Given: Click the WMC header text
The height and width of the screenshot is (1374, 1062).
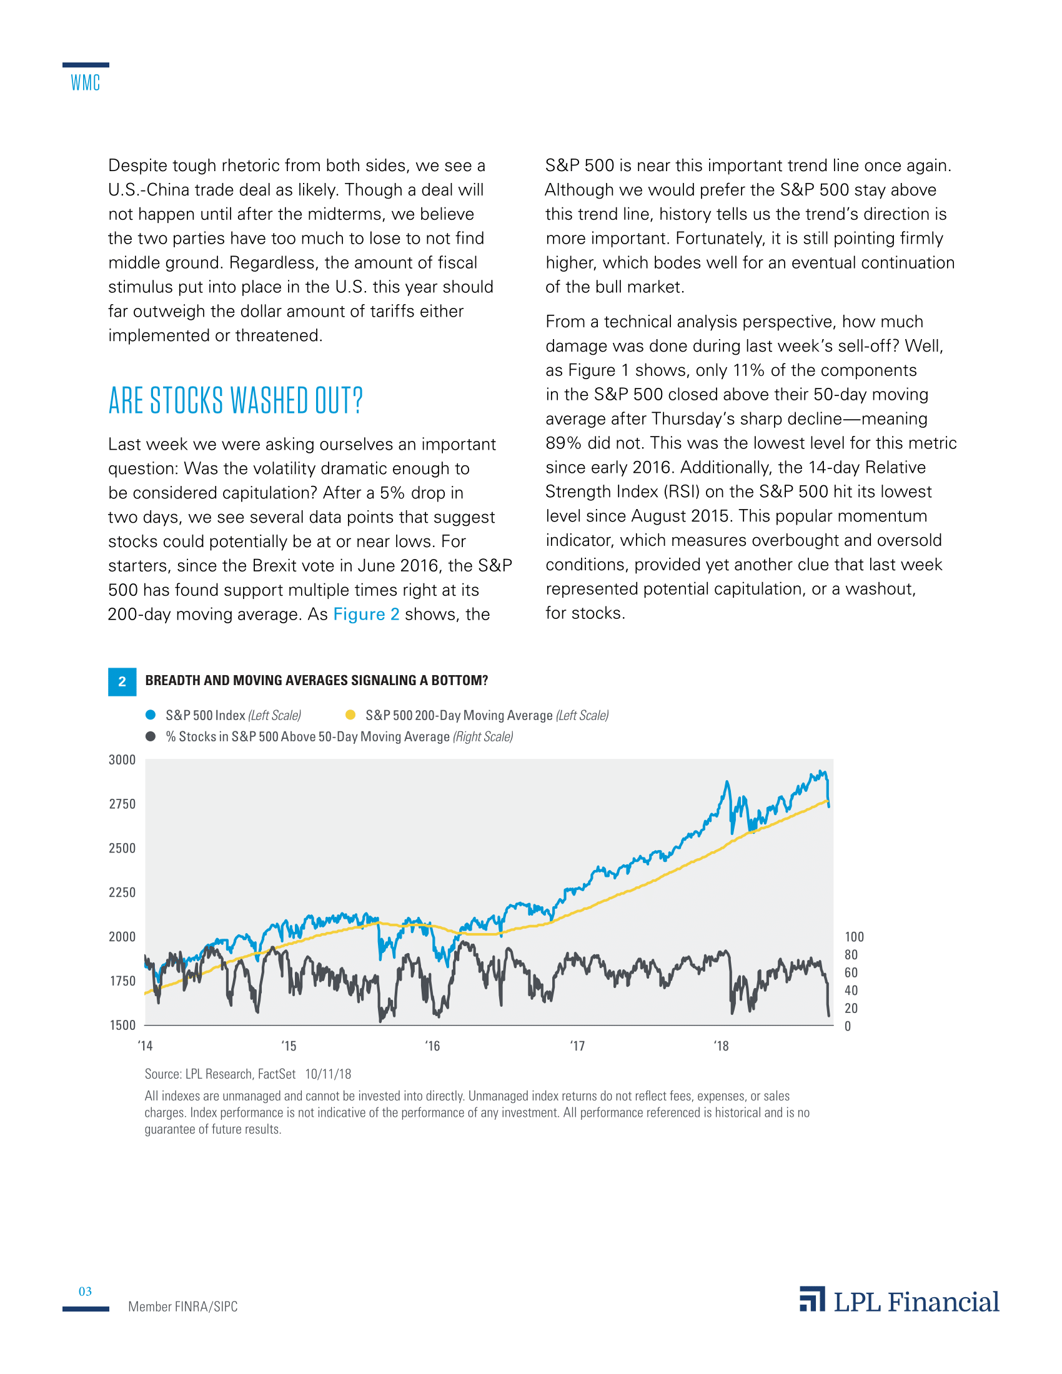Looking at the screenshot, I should click(86, 82).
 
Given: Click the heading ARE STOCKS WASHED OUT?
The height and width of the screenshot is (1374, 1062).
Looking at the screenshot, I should click(236, 401).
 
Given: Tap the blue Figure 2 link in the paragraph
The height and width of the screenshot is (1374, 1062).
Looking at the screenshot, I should click(366, 614).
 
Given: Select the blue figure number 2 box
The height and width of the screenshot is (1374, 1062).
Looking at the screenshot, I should click(122, 681).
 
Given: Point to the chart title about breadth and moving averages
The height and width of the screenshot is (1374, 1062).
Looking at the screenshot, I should click(317, 681).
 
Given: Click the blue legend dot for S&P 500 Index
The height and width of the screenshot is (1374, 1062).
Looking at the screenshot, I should click(151, 714).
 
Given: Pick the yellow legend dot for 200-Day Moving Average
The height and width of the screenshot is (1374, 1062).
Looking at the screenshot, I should click(350, 714).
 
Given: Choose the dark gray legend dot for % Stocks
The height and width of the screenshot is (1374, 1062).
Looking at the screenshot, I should click(151, 736).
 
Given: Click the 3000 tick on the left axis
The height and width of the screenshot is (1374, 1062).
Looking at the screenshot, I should click(122, 760).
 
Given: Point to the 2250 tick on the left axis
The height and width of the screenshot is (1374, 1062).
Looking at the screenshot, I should click(122, 892).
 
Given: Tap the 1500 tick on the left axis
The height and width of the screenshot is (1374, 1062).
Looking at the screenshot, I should click(122, 1026).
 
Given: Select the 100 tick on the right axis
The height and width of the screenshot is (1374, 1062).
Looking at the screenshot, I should click(854, 937).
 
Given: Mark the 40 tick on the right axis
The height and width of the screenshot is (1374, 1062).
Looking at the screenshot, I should click(851, 991).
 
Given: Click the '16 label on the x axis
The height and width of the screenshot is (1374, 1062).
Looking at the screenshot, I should click(432, 1046).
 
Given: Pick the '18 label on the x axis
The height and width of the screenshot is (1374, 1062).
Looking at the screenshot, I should click(721, 1046).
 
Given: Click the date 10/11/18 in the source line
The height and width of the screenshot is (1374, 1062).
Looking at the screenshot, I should click(328, 1074).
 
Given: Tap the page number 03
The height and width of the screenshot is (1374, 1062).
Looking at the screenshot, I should click(85, 1292).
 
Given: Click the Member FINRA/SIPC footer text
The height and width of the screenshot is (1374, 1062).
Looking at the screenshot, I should click(183, 1307).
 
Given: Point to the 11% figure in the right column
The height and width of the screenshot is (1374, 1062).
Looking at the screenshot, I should click(748, 370).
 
